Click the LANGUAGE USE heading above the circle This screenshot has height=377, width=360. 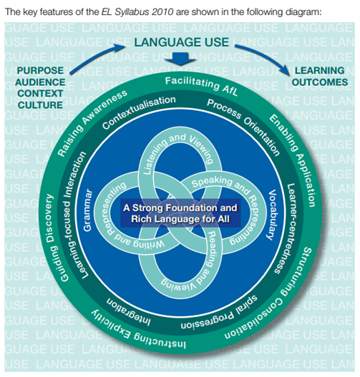click(182, 42)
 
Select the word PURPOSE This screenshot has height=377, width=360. click(40, 70)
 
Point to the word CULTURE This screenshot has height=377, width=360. click(40, 105)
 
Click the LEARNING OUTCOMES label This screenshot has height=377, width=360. click(320, 77)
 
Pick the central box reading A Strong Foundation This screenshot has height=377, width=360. click(180, 213)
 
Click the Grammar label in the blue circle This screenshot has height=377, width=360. click(87, 210)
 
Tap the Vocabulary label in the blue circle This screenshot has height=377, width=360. click(273, 215)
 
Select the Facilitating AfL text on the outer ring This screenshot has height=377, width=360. click(202, 86)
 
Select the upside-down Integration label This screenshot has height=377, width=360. click(129, 312)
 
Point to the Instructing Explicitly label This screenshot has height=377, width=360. click(137, 331)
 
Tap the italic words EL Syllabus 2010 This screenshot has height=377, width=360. click(137, 11)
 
